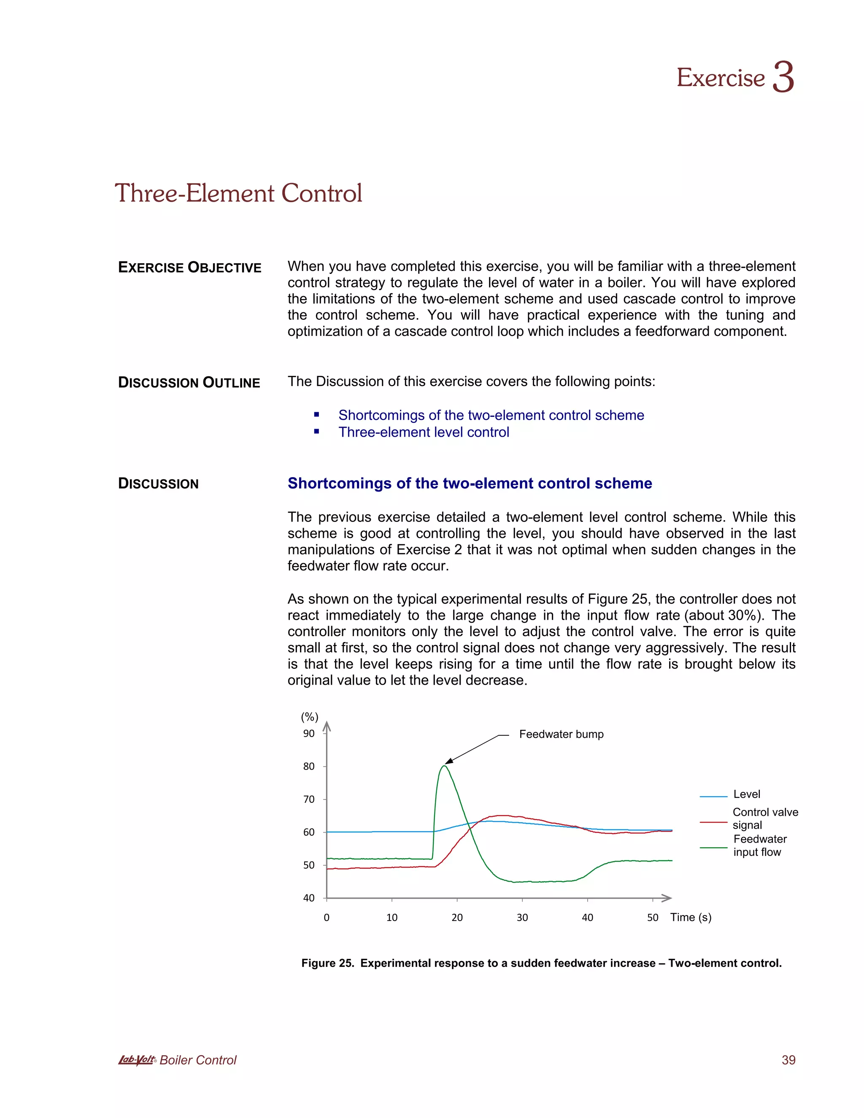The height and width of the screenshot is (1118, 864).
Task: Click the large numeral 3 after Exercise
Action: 783,77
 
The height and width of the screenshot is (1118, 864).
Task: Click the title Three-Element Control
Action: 238,194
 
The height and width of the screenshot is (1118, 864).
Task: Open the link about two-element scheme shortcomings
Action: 491,415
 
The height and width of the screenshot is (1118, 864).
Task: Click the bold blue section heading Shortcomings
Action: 470,483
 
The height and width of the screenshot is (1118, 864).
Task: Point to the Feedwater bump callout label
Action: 561,734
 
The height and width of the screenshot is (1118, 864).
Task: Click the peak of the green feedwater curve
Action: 444,766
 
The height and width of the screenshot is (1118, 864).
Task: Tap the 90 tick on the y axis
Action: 309,734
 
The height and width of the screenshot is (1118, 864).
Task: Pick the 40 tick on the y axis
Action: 309,898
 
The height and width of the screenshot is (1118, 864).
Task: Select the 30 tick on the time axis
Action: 522,917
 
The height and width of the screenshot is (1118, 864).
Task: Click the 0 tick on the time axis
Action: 327,917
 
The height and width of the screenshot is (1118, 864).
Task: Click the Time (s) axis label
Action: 691,917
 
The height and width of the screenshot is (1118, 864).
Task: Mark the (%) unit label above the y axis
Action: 310,717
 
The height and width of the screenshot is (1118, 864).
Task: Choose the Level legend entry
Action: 746,794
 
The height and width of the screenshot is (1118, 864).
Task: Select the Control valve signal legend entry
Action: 765,818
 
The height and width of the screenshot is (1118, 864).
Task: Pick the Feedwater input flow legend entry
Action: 759,845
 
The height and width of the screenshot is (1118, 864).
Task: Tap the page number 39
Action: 788,1060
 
